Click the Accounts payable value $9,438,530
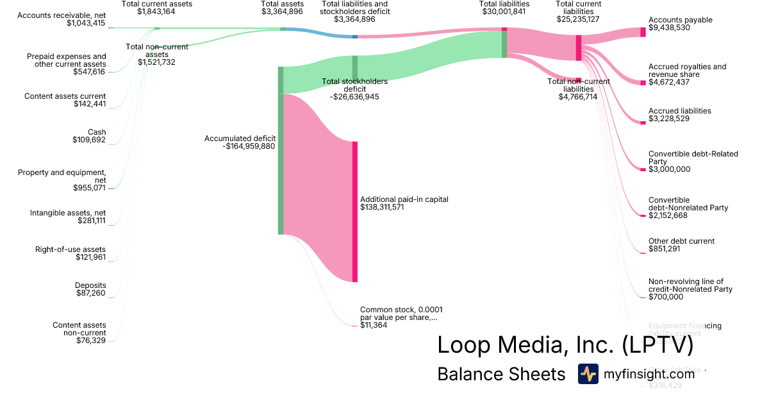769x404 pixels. click(670, 28)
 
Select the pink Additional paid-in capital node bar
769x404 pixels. click(354, 212)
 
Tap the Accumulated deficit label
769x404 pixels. click(240, 139)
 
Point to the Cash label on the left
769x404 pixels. click(97, 132)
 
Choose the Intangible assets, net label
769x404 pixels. click(68, 213)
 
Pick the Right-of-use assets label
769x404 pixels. click(70, 249)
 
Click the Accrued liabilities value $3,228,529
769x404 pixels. click(669, 119)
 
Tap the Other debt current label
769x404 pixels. click(681, 241)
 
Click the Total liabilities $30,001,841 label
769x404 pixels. click(504, 8)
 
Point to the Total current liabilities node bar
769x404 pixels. click(579, 48)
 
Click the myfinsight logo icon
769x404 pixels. click(588, 374)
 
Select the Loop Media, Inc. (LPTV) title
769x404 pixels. click(565, 345)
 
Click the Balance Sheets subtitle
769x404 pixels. click(501, 374)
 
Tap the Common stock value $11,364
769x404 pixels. click(374, 325)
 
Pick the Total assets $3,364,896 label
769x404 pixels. click(282, 8)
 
